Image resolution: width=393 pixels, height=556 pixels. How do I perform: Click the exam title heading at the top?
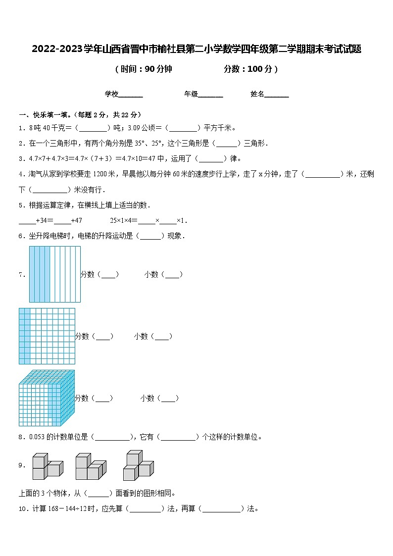pos(196,49)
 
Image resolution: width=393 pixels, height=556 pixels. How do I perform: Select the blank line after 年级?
pos(210,95)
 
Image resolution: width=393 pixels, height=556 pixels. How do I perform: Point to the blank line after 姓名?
pos(277,95)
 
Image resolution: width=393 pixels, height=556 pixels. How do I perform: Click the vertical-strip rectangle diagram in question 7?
pos(54,274)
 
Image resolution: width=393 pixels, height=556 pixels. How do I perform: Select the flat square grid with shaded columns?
pos(47,336)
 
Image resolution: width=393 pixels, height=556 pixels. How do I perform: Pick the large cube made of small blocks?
pos(47,398)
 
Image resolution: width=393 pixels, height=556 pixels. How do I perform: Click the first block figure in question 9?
pos(48,465)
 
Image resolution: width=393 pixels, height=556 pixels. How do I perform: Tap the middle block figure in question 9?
pos(91,466)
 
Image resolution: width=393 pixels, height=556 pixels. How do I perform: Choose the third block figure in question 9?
pos(138,465)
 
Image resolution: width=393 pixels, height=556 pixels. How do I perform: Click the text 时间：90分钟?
pos(144,69)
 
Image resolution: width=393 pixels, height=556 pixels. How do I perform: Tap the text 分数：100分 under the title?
pos(250,69)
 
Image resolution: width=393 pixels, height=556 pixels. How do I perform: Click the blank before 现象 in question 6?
pos(150,236)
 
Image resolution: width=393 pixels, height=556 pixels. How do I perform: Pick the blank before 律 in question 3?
pos(212,159)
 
